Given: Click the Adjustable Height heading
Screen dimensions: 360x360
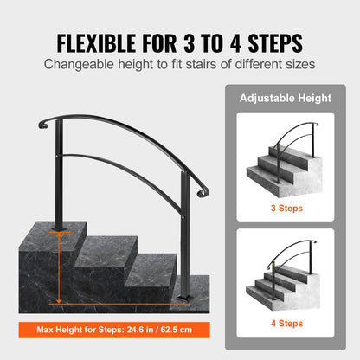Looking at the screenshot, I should click(285, 98).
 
